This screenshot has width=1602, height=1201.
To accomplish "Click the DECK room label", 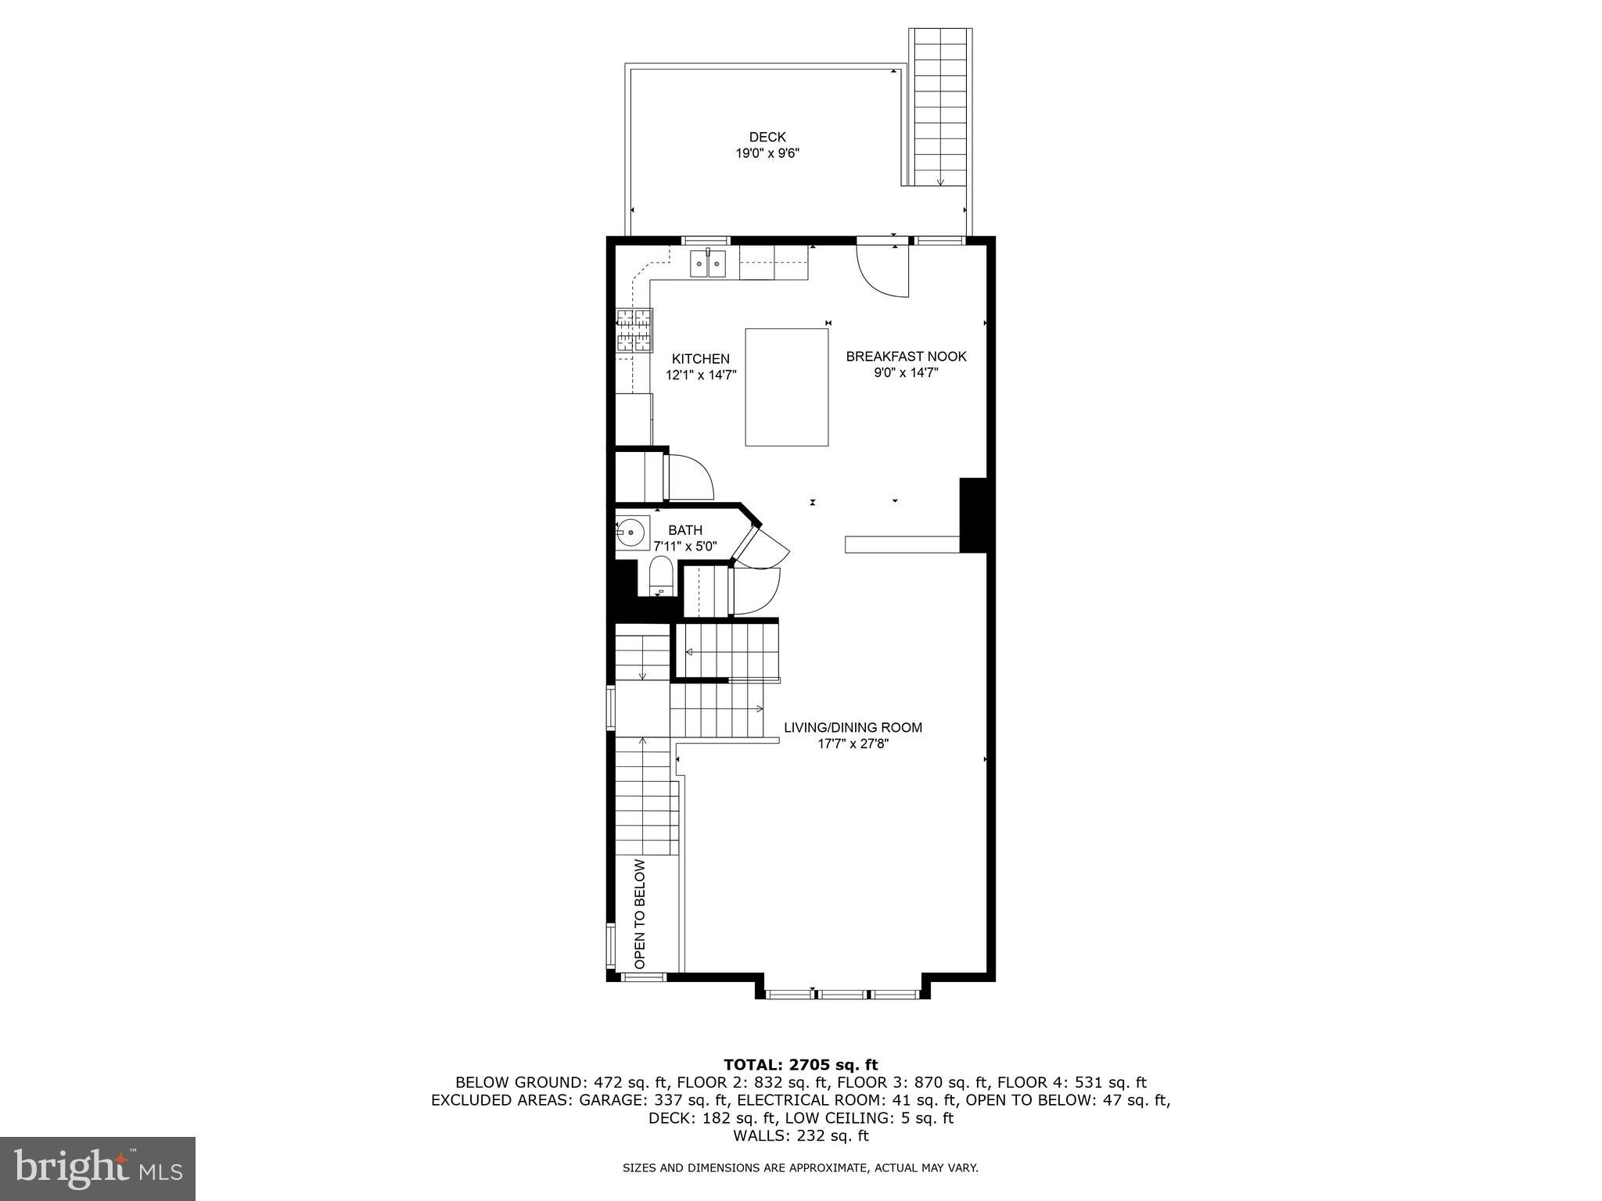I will click(x=767, y=137).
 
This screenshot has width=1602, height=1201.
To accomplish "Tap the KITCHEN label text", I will click(x=700, y=359).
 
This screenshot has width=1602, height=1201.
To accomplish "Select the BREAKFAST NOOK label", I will click(x=906, y=357).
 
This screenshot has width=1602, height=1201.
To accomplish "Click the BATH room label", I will click(x=684, y=530).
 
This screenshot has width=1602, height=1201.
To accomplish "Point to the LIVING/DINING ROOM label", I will click(x=853, y=727).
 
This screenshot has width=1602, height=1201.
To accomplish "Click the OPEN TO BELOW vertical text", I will click(x=640, y=915).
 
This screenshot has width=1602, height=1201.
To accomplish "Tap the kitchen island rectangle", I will click(x=786, y=387).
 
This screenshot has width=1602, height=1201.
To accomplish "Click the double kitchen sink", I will click(x=707, y=264).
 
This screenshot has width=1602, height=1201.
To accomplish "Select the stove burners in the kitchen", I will click(x=634, y=331).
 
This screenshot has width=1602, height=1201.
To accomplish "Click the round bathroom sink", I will click(x=630, y=532).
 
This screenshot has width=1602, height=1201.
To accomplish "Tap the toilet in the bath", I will click(x=661, y=576).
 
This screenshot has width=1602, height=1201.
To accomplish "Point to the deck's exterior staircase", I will click(x=940, y=106).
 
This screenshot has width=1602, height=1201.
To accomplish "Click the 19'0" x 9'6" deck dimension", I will click(x=767, y=154).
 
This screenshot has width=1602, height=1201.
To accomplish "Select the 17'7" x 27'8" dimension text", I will click(x=853, y=744).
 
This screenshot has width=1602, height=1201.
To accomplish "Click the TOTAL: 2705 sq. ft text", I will click(x=800, y=1064).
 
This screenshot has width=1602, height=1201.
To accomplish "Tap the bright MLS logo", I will click(x=97, y=1168).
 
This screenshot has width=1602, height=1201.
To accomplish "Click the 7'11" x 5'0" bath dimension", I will click(x=684, y=547).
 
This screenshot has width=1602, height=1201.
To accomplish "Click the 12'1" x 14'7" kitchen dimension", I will click(x=700, y=375).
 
